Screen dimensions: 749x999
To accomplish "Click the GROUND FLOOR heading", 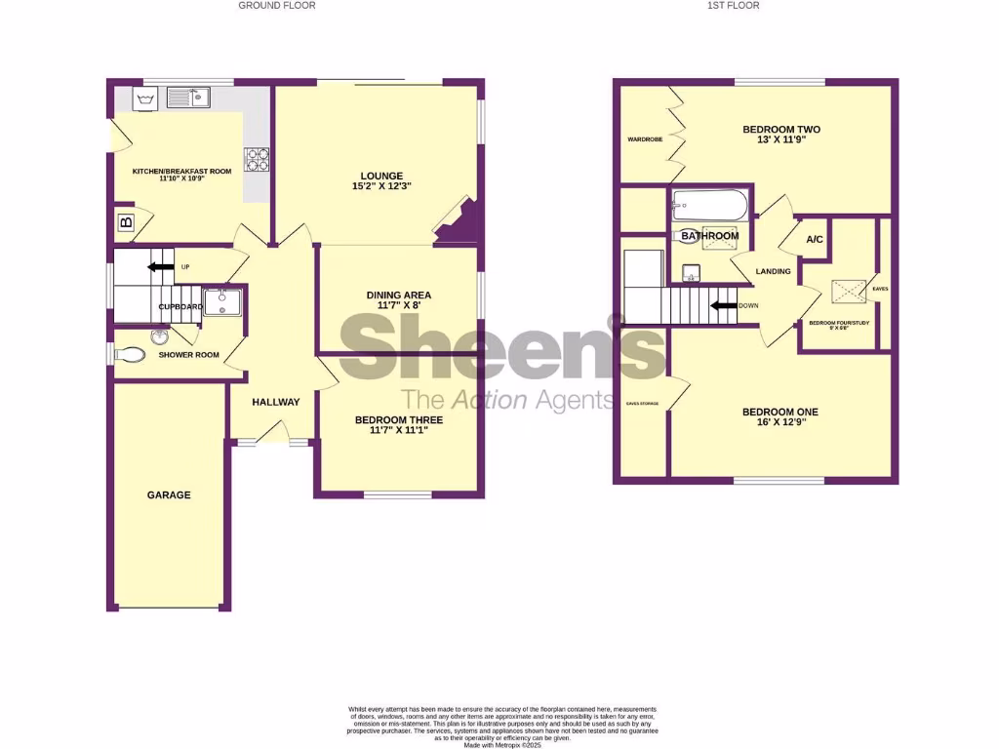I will point(277,6).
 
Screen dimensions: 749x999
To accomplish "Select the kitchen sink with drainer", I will point(188,97).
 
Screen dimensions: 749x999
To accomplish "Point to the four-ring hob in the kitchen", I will point(257,159).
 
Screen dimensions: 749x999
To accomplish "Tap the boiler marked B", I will point(125,222).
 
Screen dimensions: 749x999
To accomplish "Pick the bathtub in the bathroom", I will point(709,207).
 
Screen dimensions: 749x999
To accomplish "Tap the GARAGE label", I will point(169,495).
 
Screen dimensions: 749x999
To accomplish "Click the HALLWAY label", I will point(276,402).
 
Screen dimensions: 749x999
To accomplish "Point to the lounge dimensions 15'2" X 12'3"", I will point(380,186).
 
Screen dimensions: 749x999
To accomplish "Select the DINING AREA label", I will point(398,296).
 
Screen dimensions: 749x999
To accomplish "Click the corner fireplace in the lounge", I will point(457,223).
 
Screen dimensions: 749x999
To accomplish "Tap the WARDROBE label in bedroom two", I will point(645,139).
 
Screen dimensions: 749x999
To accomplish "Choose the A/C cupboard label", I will point(814,240).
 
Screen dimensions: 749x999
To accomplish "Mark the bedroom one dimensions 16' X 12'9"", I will point(779,424).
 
